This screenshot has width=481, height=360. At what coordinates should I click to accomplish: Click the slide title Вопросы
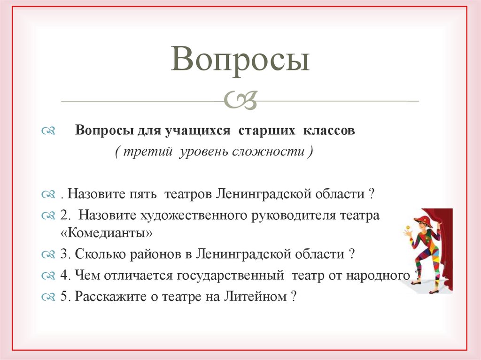coord(240,60)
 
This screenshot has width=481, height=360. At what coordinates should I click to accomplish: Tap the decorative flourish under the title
coord(240,100)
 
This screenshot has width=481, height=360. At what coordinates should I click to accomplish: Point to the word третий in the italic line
coord(149,153)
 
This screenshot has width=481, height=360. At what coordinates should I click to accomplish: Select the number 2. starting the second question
coord(65,215)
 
